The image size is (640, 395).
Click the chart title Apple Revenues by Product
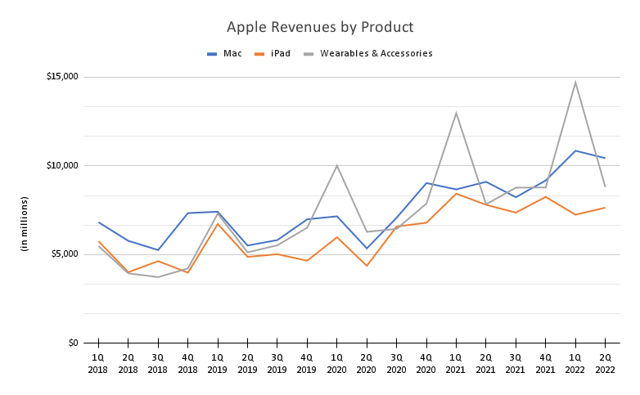click(320, 28)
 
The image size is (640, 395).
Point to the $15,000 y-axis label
click(61, 77)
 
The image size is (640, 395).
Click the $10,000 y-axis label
click(61, 165)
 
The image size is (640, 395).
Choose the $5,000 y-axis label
click(64, 254)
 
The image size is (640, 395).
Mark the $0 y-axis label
click(72, 343)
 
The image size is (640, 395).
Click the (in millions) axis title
click(25, 224)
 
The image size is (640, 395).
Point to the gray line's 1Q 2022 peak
click(575, 82)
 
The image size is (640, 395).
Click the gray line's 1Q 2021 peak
click(456, 113)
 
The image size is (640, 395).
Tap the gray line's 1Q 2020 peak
click(336, 166)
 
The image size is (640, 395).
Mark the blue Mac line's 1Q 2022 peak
click(575, 150)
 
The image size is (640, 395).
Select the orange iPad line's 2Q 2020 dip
click(367, 266)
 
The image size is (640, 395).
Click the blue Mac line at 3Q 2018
click(158, 249)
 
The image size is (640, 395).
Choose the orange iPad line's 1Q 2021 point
click(456, 193)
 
